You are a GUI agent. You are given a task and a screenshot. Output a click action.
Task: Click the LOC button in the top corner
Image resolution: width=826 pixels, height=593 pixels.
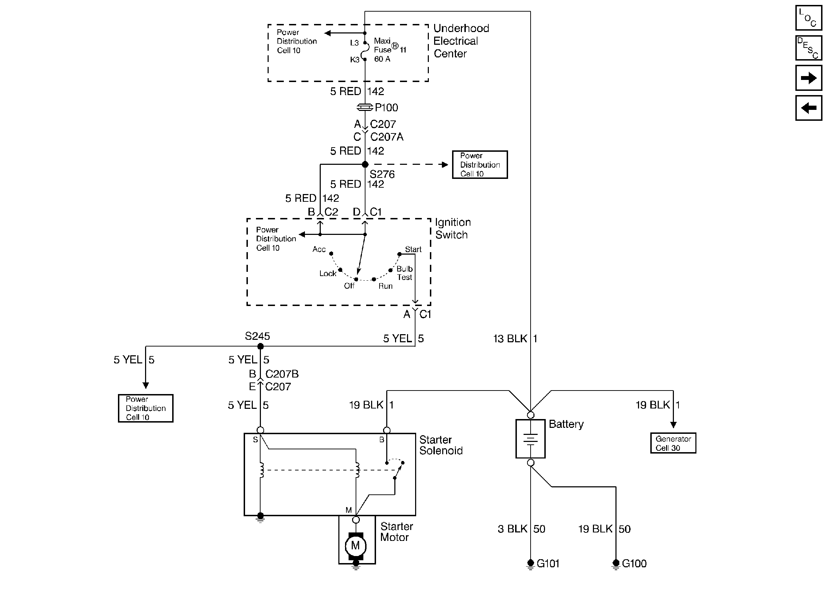coord(808,18)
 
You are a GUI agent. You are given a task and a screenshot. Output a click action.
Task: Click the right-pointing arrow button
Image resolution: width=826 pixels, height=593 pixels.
coord(808,77)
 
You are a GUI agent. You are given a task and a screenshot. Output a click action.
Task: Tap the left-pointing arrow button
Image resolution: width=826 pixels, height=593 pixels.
coord(808,108)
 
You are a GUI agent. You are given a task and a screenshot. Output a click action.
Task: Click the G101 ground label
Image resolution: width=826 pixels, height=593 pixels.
coord(548,563)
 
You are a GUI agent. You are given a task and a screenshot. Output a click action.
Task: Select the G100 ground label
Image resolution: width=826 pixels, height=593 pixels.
coord(634,563)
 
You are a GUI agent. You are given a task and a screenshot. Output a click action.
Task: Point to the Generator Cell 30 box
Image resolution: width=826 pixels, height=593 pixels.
coord(673,443)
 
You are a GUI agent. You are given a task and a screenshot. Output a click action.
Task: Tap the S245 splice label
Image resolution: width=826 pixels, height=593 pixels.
coord(257,336)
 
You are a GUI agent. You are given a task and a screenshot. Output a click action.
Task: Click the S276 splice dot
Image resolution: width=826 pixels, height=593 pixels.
coord(365,164)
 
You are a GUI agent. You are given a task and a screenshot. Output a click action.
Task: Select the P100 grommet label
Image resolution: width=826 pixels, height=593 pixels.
coord(386,107)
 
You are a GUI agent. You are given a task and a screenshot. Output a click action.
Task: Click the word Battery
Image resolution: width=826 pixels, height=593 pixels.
coord(566,424)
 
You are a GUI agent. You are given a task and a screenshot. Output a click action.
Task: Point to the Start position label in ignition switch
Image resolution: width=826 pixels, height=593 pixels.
coord(413,249)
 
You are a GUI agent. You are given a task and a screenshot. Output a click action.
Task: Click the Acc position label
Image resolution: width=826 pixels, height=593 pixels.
coord(319,249)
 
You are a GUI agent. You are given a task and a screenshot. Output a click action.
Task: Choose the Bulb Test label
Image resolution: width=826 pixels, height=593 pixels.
coord(404,273)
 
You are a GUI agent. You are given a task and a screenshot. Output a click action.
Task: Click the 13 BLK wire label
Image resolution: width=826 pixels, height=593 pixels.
coord(510,339)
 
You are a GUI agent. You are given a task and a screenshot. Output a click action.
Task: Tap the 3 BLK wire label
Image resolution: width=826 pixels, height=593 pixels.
coord(512,529)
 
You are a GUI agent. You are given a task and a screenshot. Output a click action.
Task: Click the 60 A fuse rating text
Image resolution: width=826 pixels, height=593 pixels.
coord(382,59)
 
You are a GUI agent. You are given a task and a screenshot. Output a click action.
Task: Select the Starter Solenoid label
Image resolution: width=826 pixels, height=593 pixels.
coord(441,445)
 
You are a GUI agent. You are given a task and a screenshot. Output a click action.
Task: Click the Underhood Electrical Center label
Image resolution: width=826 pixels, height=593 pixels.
coord(461,41)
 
